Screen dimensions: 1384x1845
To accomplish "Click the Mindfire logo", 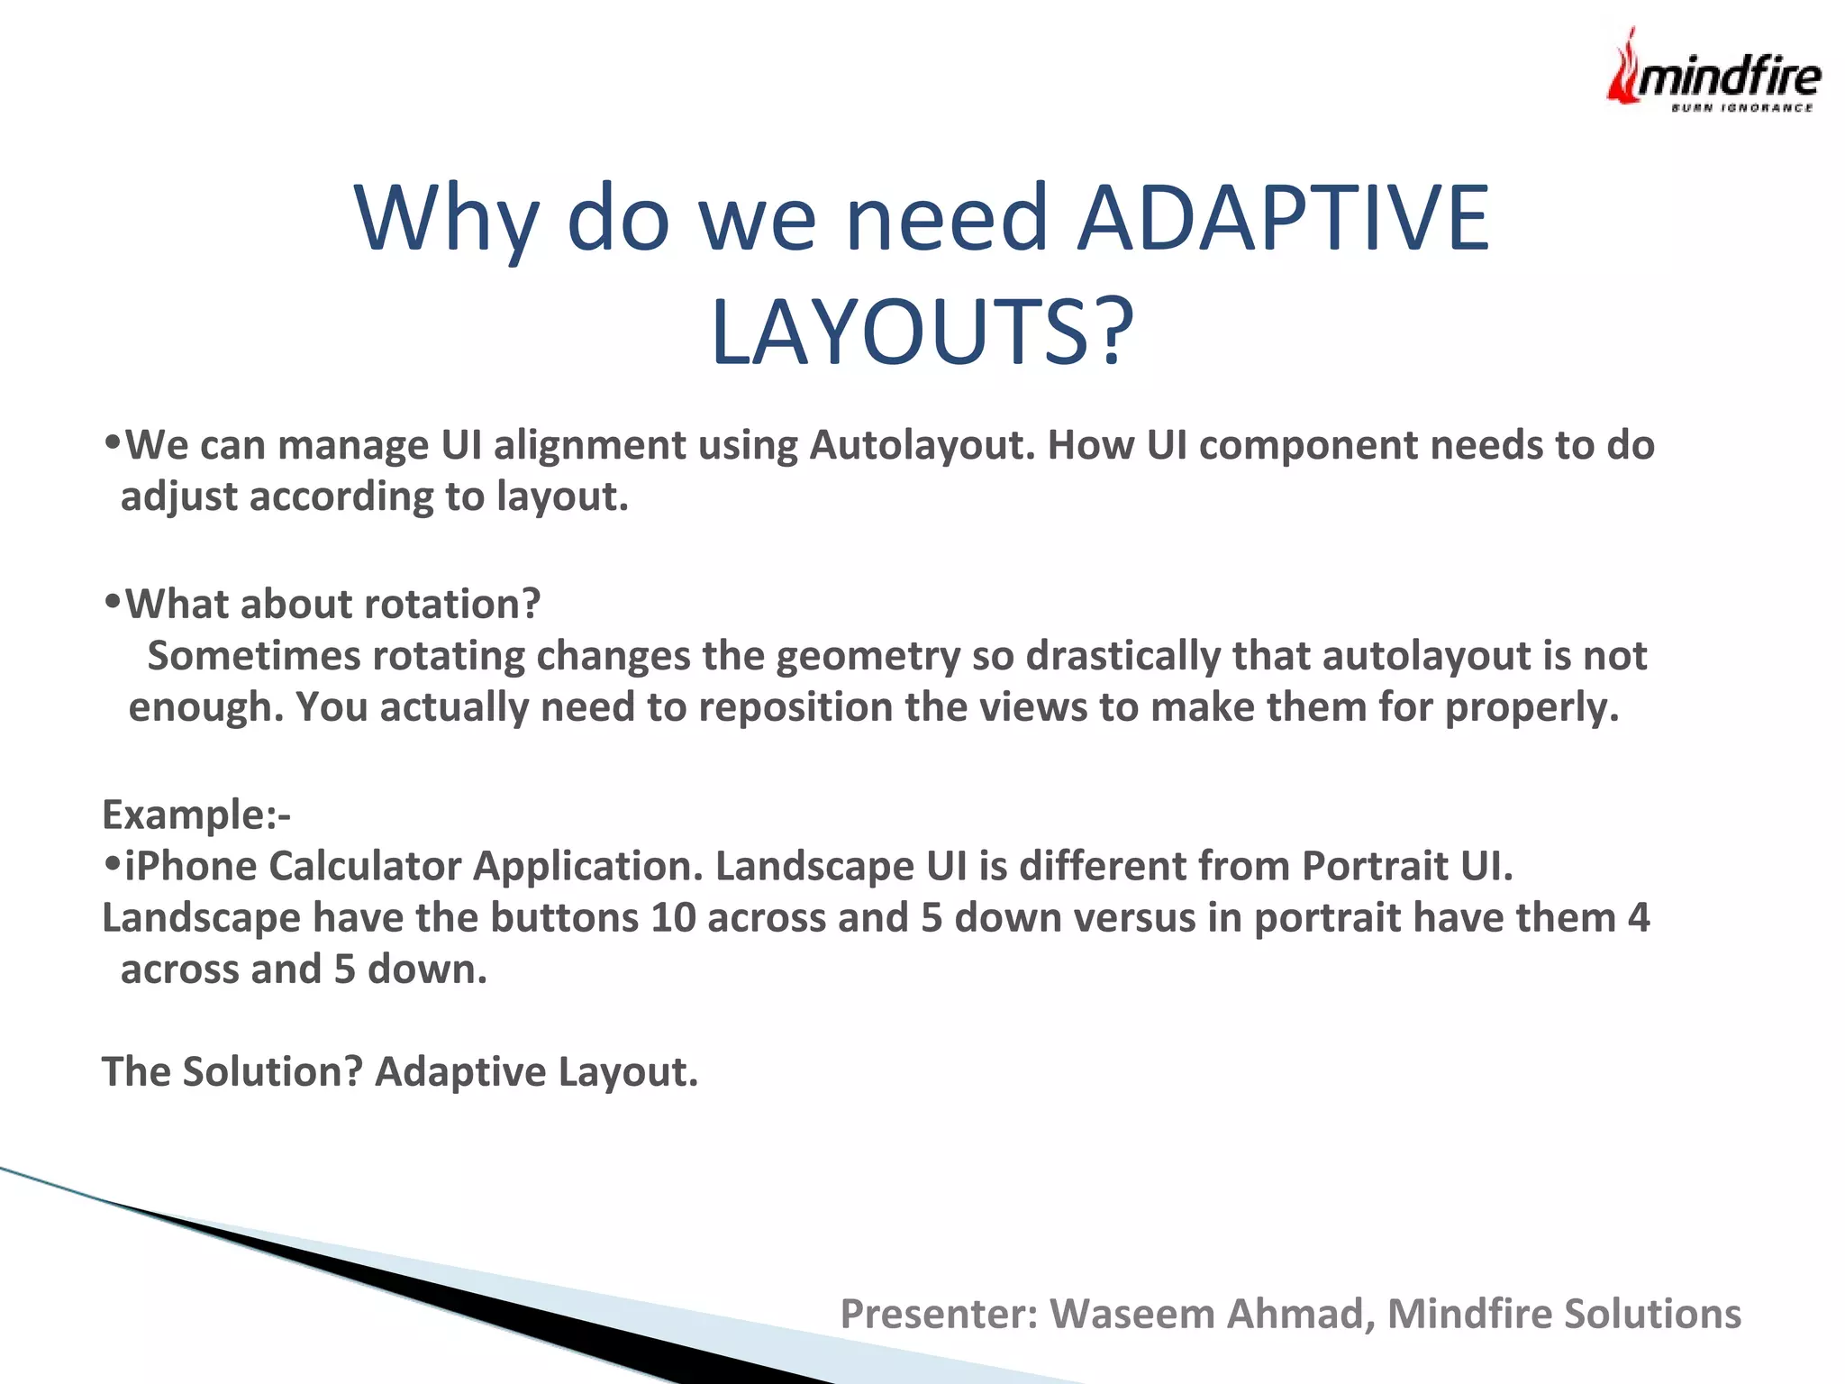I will (x=1713, y=72).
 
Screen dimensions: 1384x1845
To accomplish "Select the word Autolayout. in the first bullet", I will (x=922, y=445).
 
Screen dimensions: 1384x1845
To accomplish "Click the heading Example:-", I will (x=196, y=815).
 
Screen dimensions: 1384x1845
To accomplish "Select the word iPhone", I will (x=190, y=867).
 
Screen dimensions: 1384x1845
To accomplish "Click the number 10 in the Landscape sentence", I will (x=673, y=918).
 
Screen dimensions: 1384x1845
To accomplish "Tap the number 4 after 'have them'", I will (x=1638, y=918).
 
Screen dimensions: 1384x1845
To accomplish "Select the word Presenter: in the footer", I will (x=939, y=1314).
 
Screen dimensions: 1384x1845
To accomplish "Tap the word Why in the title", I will (x=447, y=220).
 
